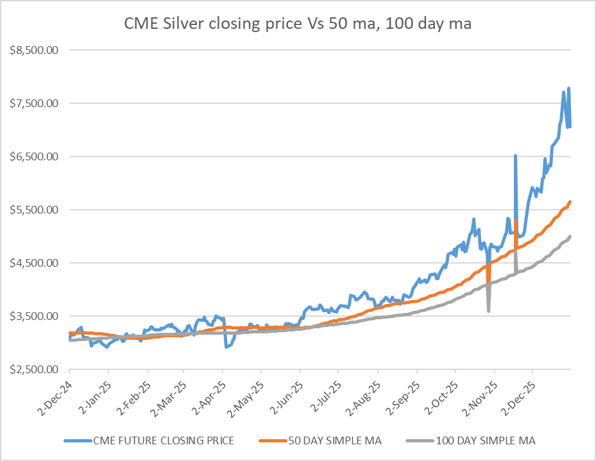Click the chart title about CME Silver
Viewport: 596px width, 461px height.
[298, 24]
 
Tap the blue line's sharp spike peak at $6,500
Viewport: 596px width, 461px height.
[515, 156]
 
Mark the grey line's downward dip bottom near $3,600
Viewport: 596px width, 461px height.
[489, 311]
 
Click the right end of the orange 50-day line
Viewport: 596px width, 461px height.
[570, 202]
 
